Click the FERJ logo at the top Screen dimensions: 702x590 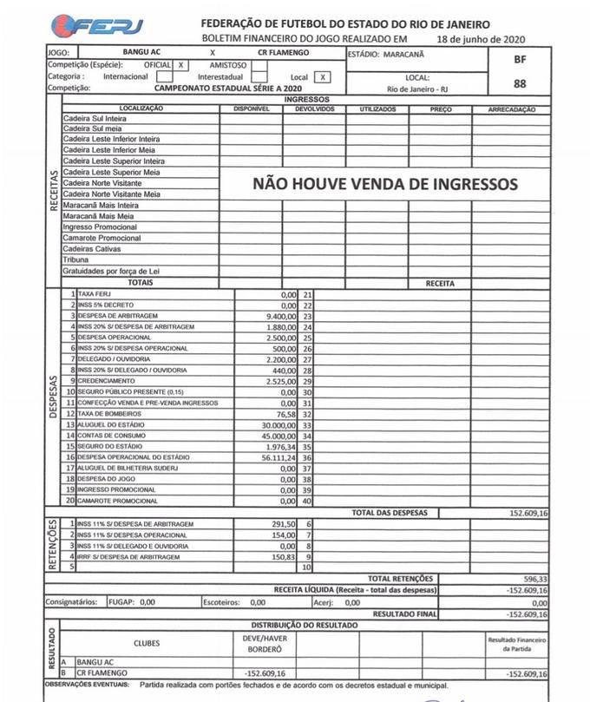tap(96, 26)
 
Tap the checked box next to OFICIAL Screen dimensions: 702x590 tap(180, 65)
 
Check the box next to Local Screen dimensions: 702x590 tap(322, 76)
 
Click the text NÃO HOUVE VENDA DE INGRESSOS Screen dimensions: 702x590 tap(384, 184)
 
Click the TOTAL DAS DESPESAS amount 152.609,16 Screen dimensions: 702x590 tap(521, 514)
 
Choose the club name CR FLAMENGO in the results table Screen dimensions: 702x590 tap(102, 672)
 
